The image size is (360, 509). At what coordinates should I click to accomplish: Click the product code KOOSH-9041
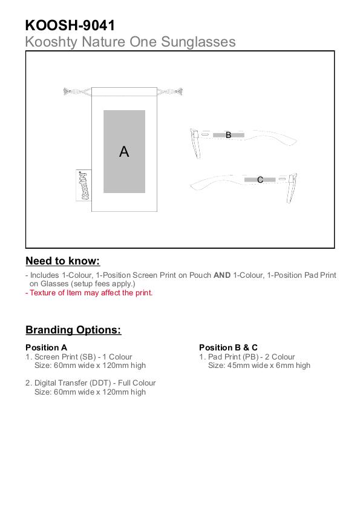click(70, 25)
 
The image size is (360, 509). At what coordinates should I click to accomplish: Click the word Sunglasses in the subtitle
click(198, 42)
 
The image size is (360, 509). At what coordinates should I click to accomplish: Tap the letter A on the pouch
click(124, 151)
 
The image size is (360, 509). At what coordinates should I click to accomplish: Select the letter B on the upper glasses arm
click(229, 135)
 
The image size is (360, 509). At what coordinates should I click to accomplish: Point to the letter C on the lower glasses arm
click(260, 180)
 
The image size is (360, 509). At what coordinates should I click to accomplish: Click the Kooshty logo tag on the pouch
click(83, 185)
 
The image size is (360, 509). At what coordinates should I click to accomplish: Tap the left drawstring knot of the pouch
click(67, 92)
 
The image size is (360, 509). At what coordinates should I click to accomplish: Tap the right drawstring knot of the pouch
click(179, 91)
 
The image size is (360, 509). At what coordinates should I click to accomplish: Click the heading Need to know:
click(63, 261)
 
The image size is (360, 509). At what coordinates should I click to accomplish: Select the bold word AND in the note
click(222, 275)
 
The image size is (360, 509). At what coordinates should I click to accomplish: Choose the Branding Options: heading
click(73, 330)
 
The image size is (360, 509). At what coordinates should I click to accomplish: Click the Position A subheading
click(47, 347)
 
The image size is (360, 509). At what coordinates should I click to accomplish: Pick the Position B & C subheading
click(228, 347)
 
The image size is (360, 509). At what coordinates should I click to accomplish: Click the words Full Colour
click(137, 383)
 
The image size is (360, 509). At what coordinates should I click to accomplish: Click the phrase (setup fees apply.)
click(103, 284)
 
